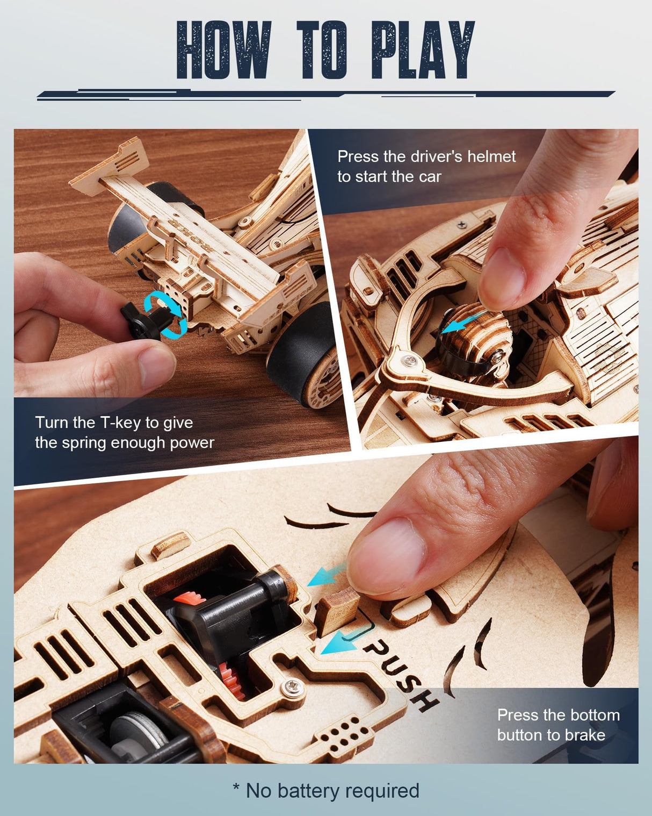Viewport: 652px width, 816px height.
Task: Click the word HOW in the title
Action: pos(223,51)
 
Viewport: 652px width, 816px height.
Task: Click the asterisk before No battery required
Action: pos(236,788)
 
